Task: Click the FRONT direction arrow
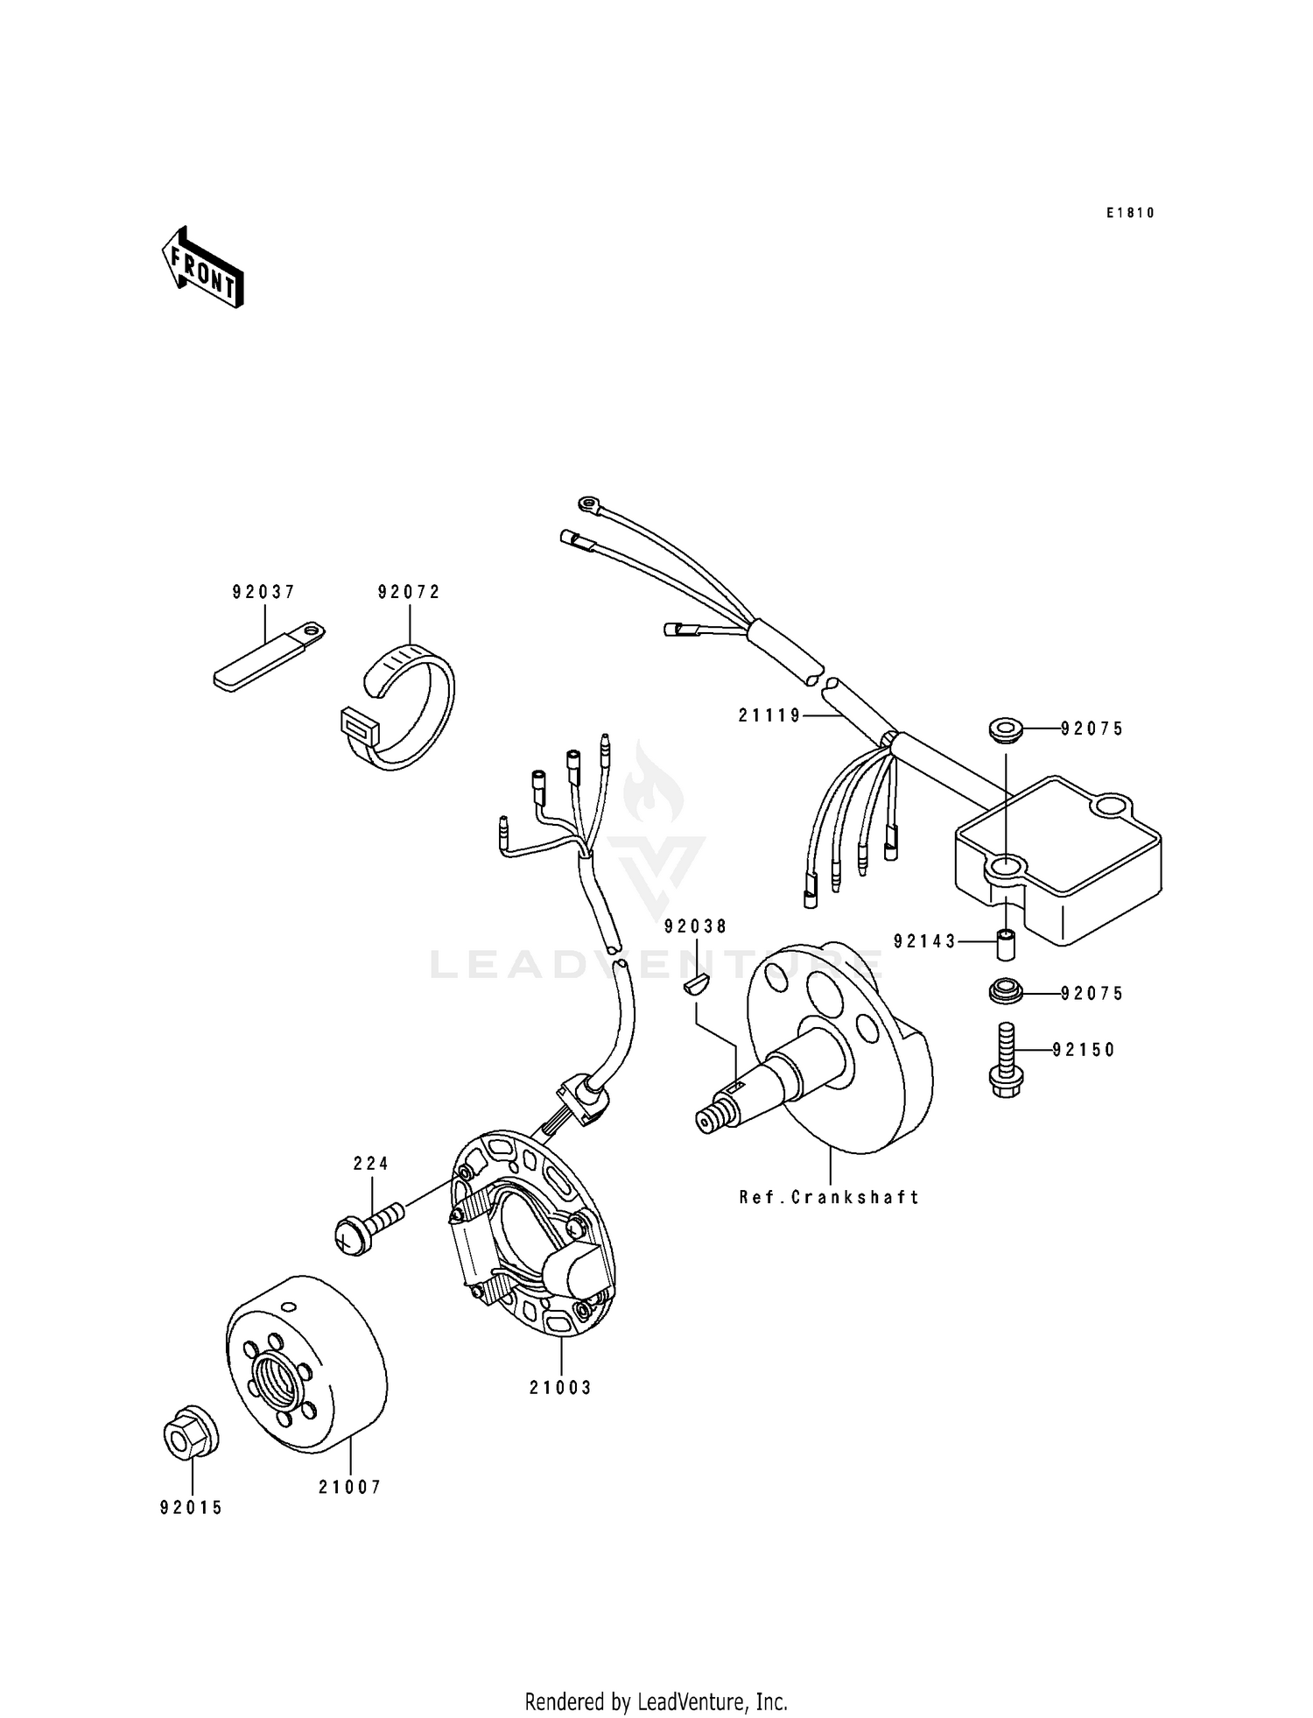202,267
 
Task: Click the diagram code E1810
1130,213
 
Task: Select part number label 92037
263,592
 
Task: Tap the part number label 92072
409,592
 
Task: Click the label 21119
769,715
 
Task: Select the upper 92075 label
1092,729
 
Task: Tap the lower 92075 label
1092,994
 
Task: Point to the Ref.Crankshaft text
829,1197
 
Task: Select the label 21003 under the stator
560,1388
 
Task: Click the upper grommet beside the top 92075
1007,729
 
